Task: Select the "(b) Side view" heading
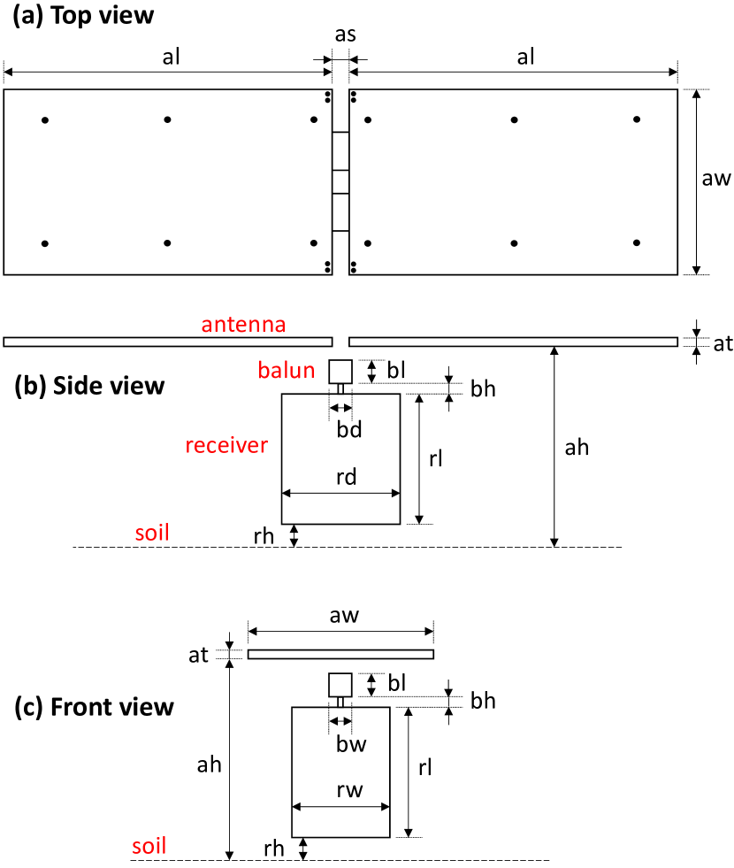point(90,386)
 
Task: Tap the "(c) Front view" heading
point(95,707)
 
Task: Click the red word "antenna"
point(243,325)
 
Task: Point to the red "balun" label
point(287,370)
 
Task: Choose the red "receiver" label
point(226,445)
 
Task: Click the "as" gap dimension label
point(345,36)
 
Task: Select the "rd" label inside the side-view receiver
point(346,477)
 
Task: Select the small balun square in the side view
point(340,372)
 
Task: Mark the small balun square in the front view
point(340,685)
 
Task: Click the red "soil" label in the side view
point(152,533)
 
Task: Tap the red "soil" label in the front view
point(149,845)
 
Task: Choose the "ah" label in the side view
point(577,448)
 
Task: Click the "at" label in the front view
point(198,654)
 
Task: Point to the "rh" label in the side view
point(263,535)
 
